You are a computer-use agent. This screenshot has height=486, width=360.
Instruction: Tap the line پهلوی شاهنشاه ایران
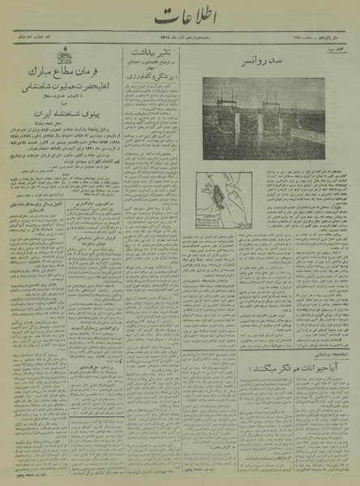62,118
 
